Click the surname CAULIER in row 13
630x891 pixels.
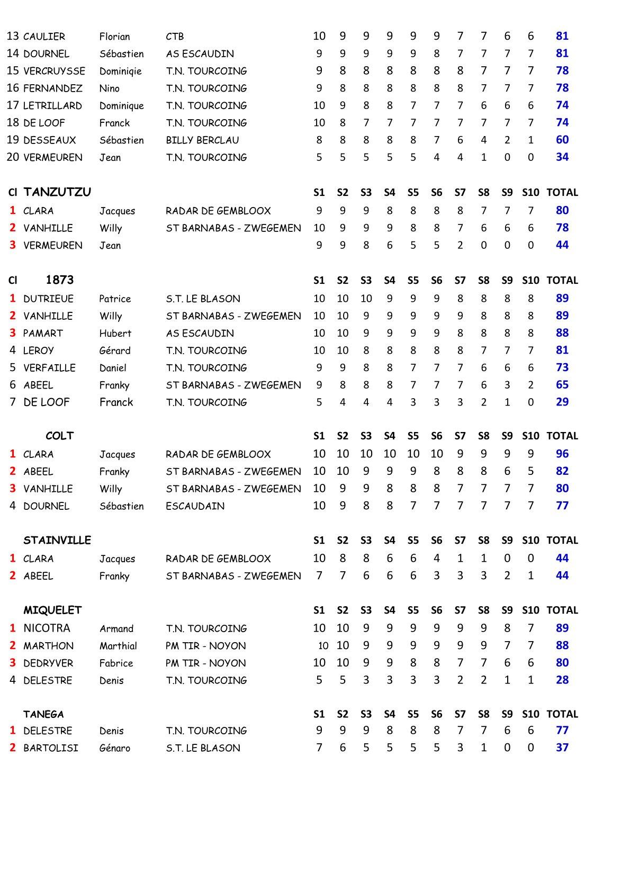44,37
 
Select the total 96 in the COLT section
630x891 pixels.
562,454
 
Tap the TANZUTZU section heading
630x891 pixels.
57,192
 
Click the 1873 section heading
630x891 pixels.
60,280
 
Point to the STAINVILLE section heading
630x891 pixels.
57,540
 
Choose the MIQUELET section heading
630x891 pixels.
52,610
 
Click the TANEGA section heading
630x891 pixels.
43,714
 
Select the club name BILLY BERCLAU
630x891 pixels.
202,140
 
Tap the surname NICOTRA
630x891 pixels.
47,628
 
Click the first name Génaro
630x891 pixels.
115,748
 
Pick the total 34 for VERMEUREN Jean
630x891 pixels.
562,157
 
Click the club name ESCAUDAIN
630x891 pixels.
195,506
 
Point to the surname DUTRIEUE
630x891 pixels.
48,299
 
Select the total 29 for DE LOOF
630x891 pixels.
562,402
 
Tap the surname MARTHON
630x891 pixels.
48,646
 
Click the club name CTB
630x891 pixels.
175,37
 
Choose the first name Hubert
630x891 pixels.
115,334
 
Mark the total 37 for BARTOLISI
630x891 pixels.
562,748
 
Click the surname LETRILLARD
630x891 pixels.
52,106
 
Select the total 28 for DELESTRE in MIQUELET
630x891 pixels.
562,680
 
